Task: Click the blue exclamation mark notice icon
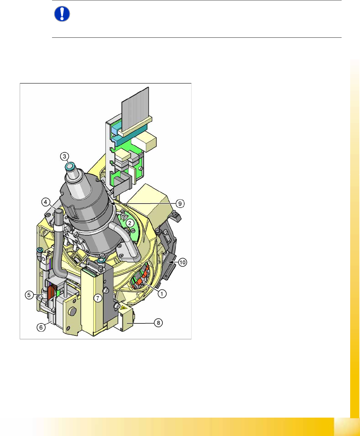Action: point(62,14)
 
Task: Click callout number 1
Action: point(162,294)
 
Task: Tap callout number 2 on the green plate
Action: point(130,223)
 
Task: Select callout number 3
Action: point(65,156)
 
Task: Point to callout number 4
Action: point(46,202)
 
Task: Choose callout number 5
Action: point(29,295)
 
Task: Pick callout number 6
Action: point(41,327)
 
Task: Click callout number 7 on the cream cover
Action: point(98,298)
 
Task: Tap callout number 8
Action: point(158,323)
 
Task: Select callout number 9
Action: point(180,203)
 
